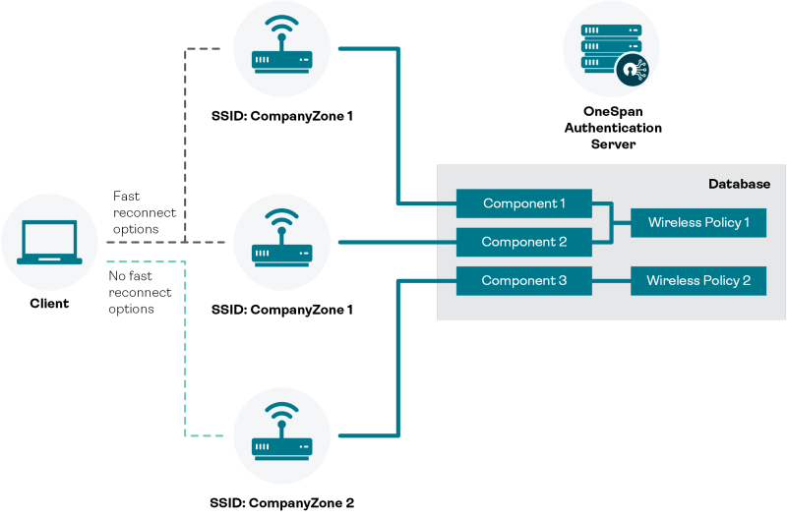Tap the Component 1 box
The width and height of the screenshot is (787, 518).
[x=523, y=203]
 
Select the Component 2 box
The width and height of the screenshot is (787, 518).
[x=523, y=241]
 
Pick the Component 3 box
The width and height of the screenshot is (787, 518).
[x=523, y=281]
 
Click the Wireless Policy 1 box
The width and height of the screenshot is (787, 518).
[x=698, y=223]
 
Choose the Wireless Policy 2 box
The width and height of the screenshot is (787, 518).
[x=698, y=281]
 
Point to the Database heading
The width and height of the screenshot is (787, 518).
[x=739, y=184]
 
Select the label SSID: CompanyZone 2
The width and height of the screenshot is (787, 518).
[x=281, y=502]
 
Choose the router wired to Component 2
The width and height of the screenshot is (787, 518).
[x=282, y=242]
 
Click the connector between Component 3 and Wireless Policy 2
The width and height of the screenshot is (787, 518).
[x=611, y=281]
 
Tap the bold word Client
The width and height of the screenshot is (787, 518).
[x=49, y=303]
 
